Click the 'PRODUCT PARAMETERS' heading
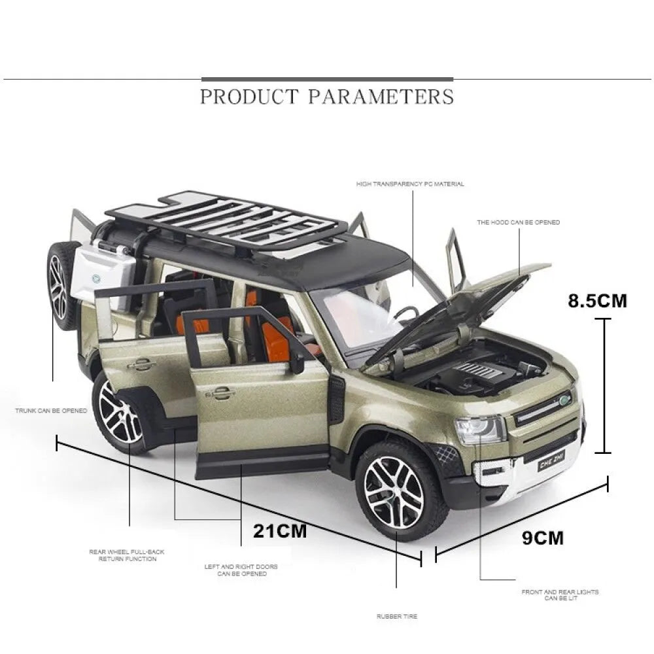(x=327, y=96)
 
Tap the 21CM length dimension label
(x=280, y=531)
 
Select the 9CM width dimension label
(x=543, y=538)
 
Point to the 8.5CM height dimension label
(x=597, y=300)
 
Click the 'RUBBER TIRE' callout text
(x=397, y=616)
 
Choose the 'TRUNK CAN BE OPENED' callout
(x=51, y=411)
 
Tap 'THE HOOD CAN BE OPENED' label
(x=519, y=222)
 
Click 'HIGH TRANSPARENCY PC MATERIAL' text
(x=410, y=184)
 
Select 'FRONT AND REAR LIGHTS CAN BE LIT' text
(x=560, y=594)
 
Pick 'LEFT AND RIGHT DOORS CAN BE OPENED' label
(x=241, y=570)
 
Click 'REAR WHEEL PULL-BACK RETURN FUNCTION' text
(x=127, y=555)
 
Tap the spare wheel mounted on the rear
(x=61, y=286)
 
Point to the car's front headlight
(x=480, y=430)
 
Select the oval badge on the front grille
(x=564, y=400)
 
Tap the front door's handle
(x=219, y=392)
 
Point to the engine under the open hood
(x=475, y=371)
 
